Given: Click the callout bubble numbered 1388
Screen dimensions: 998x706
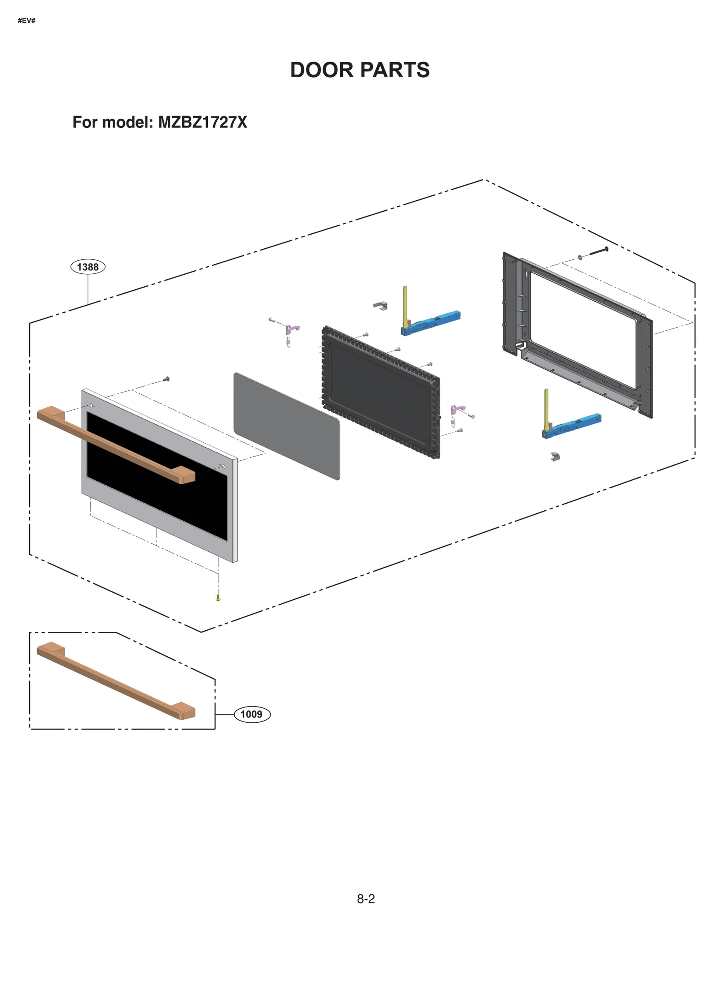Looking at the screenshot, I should (88, 267).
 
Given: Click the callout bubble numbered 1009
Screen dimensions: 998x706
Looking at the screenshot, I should (252, 714).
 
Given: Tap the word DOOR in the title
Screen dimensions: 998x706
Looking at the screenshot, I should (322, 70).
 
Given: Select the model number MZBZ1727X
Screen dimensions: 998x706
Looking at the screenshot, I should (203, 122).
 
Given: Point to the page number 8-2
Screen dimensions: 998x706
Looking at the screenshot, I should (366, 899).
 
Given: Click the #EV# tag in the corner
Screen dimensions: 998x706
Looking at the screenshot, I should (26, 21).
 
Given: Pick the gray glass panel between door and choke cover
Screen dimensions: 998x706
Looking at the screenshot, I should (287, 426).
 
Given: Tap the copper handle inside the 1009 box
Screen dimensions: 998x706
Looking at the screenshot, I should (116, 680).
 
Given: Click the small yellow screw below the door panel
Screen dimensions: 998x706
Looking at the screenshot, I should (218, 598).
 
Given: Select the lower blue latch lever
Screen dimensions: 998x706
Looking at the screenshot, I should (574, 425).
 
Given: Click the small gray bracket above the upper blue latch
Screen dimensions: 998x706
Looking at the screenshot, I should (380, 305).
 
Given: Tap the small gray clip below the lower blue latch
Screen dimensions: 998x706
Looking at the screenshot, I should (555, 456).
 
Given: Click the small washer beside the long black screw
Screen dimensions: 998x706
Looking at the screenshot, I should (580, 257).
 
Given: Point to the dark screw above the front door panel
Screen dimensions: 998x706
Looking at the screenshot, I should (166, 379).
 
